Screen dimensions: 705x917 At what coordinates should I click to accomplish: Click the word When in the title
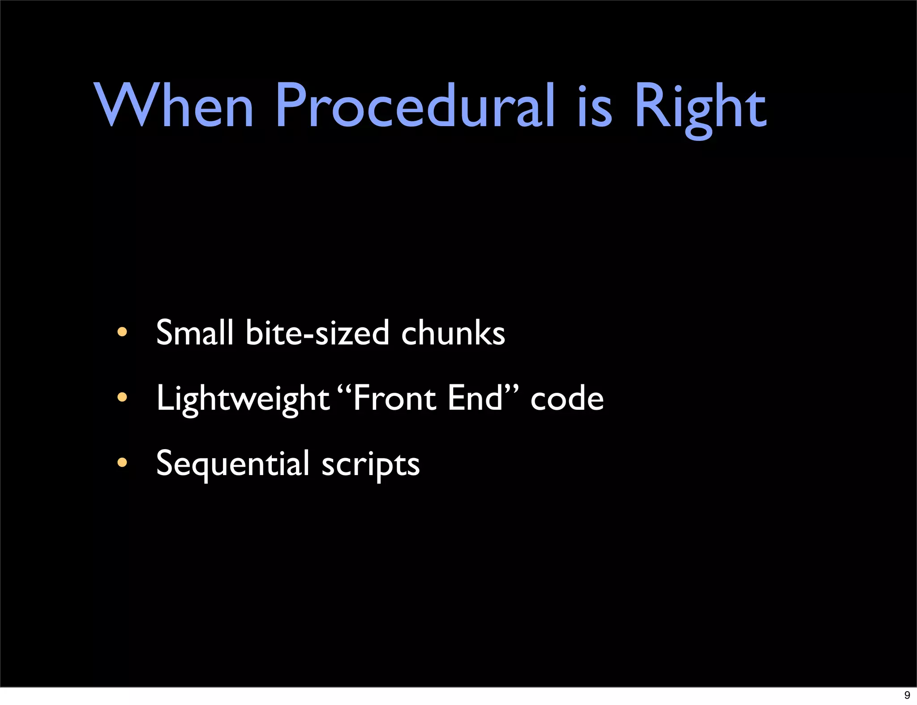(x=174, y=106)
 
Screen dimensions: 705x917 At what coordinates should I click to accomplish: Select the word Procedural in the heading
(x=415, y=106)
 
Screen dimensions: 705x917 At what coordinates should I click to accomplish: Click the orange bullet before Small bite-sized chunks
(x=122, y=332)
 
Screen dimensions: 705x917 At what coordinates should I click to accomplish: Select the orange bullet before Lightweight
(x=122, y=397)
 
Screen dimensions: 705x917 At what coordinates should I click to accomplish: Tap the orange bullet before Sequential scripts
(x=122, y=463)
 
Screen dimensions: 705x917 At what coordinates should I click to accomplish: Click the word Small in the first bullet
(x=195, y=332)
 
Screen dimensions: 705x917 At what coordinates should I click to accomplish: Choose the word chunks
(x=453, y=333)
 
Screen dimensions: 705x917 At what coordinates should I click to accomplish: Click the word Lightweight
(x=242, y=399)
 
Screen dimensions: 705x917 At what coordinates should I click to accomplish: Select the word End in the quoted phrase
(x=475, y=398)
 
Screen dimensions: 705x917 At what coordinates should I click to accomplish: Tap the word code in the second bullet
(x=567, y=399)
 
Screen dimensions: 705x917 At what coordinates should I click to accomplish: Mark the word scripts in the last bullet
(x=370, y=465)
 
